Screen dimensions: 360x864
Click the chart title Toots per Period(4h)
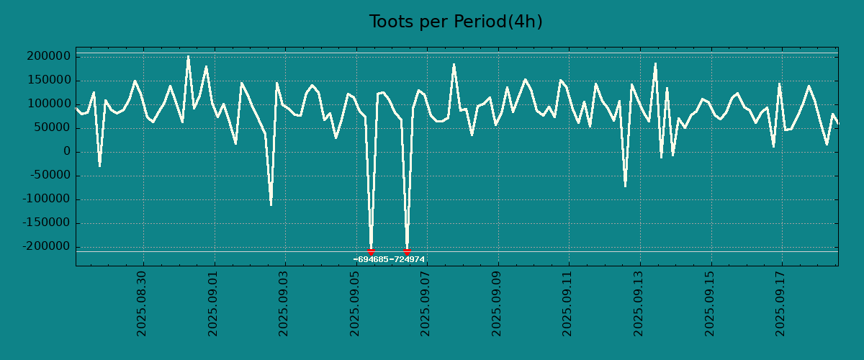[x=455, y=22]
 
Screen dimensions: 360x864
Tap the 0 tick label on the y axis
[x=66, y=152]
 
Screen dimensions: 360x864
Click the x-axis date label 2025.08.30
[x=142, y=303]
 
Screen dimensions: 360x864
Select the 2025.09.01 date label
[x=213, y=303]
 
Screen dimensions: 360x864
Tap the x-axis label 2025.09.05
[x=355, y=303]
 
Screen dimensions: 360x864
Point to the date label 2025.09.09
[x=498, y=303]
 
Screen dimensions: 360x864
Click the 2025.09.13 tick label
[x=639, y=303]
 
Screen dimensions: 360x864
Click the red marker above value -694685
[x=371, y=251]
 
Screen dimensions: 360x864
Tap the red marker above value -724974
[x=407, y=251]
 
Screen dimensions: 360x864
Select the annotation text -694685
[x=371, y=260]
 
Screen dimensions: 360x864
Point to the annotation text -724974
[x=408, y=260]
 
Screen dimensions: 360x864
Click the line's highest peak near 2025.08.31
[x=189, y=56]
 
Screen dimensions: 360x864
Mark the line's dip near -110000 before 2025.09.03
[x=271, y=205]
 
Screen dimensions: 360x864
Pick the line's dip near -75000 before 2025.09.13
[x=625, y=186]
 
